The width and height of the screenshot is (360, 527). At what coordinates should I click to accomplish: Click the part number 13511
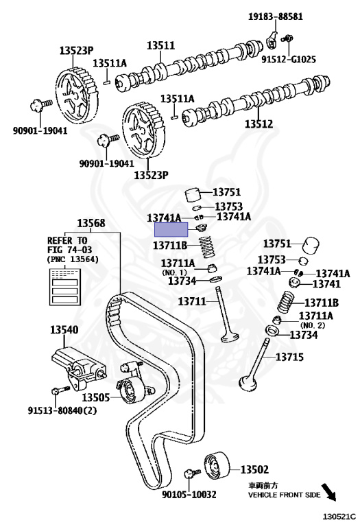[160, 45]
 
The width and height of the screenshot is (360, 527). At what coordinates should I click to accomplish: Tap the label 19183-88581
[276, 16]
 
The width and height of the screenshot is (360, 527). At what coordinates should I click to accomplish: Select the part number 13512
[259, 124]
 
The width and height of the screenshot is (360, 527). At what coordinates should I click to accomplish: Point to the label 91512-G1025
[289, 60]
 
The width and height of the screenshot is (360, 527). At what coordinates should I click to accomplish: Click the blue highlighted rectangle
[171, 231]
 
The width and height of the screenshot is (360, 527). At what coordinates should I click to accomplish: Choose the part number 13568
[91, 223]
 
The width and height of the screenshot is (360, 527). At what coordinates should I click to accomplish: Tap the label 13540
[64, 329]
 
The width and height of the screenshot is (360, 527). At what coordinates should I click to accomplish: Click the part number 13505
[96, 397]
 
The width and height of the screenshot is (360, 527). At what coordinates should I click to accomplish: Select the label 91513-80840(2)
[62, 410]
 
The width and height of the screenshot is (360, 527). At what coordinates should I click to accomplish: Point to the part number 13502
[254, 469]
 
